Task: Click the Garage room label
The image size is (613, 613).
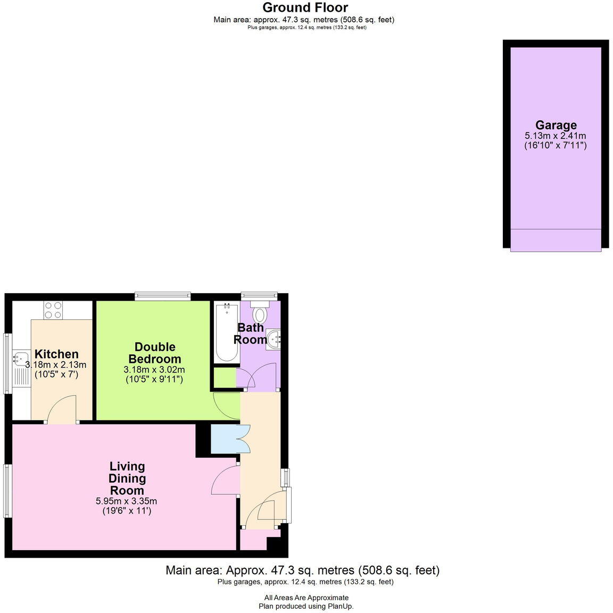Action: (556, 125)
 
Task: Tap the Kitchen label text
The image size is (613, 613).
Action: (56, 354)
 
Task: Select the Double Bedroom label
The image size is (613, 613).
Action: (154, 353)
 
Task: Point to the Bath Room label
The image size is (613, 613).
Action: (250, 334)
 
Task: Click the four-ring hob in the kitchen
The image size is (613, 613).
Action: (53, 310)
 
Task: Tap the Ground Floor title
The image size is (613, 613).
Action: (305, 7)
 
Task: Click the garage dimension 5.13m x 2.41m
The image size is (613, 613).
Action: (555, 136)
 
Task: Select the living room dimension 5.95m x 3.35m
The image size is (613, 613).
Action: (126, 501)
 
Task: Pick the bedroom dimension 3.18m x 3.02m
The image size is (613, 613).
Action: (154, 370)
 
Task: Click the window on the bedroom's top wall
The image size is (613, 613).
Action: (162, 296)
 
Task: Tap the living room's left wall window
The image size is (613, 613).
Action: (7, 491)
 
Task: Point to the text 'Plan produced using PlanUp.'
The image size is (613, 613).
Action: (306, 606)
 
